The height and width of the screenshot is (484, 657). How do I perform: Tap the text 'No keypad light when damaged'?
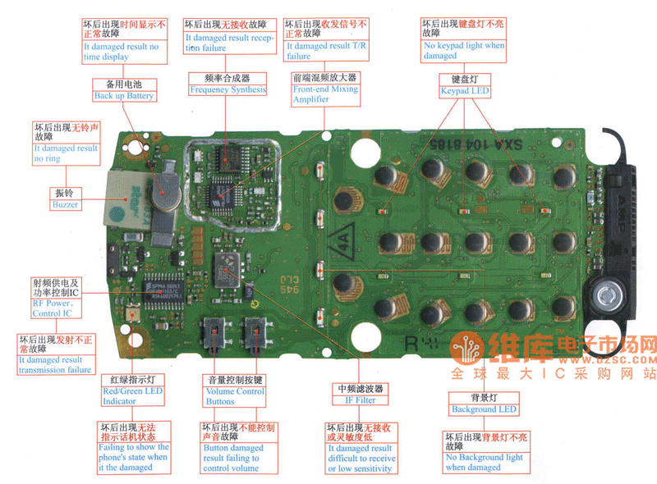click(463, 51)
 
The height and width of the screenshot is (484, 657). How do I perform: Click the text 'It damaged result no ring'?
click(66, 153)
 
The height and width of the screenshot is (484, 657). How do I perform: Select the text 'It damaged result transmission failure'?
click(54, 364)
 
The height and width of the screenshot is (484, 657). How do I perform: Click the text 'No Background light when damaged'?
click(484, 462)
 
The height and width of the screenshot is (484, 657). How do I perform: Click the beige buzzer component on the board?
click(127, 198)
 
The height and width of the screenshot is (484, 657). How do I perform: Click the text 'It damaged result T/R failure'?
click(326, 51)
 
